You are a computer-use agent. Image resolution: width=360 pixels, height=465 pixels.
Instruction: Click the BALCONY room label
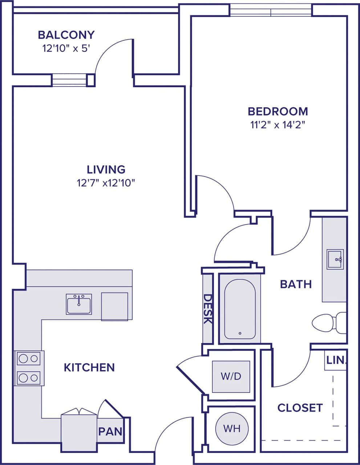pos(66,35)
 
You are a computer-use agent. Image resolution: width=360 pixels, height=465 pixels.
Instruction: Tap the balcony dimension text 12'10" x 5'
pos(66,49)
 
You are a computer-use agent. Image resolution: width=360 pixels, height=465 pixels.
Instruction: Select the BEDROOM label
pos(278,111)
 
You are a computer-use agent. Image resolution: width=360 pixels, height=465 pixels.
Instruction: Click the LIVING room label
pos(106,169)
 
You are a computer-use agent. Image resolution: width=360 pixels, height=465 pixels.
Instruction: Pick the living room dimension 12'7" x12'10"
pos(106,183)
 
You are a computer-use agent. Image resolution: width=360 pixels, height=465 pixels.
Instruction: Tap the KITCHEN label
pos(89,367)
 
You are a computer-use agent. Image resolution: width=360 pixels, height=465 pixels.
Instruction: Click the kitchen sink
pos(79,304)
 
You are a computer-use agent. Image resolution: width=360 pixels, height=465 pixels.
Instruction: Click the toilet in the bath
pos(329,322)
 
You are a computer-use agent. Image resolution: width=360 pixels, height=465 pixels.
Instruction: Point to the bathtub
pos(240,309)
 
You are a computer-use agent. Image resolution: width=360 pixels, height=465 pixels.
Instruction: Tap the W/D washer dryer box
pos(231,376)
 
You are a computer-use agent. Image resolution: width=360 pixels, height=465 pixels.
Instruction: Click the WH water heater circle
pos(232,429)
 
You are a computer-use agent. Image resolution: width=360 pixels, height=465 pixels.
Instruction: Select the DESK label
pos(207,309)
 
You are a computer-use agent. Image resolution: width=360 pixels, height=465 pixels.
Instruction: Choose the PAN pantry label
pos(110,432)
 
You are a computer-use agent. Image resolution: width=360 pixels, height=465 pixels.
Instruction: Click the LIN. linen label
pos(336,361)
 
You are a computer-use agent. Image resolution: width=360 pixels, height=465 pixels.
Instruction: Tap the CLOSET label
pos(300,408)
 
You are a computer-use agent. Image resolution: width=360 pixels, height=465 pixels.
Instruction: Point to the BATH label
pos(296,284)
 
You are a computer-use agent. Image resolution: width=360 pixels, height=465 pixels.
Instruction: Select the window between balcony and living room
pos(69,80)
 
